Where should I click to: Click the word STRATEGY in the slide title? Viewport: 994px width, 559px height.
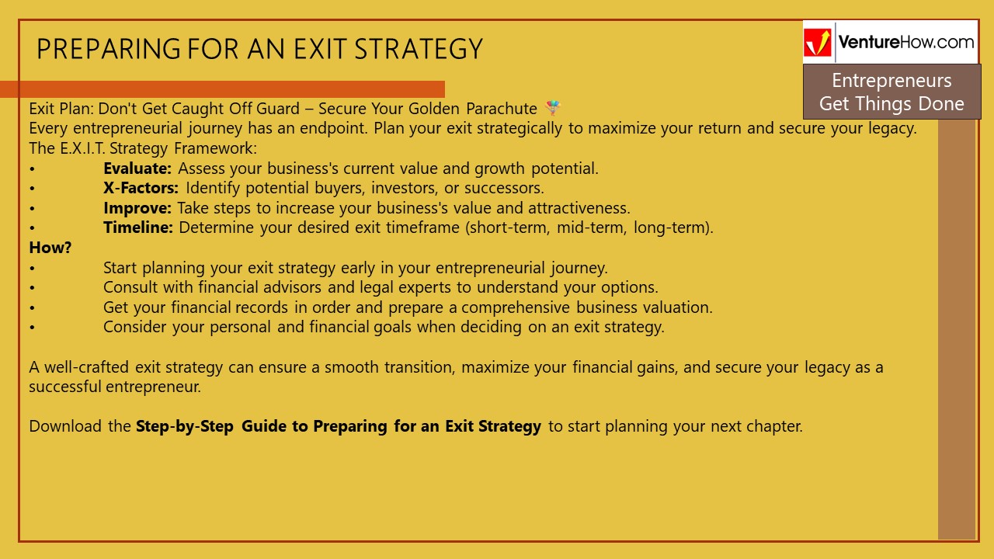click(x=419, y=50)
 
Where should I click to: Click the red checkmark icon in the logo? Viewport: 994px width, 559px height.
click(x=817, y=43)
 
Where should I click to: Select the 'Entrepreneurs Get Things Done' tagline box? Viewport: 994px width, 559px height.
click(x=891, y=92)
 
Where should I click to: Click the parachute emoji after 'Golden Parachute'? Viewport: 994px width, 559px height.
click(x=552, y=108)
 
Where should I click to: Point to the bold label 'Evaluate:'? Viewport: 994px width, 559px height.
click(x=137, y=168)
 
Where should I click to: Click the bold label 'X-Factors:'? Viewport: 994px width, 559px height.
click(x=141, y=188)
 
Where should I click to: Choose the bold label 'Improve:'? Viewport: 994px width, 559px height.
click(x=137, y=208)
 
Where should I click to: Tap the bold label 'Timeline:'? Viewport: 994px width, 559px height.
click(x=138, y=228)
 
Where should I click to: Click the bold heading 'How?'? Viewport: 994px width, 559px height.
click(x=50, y=248)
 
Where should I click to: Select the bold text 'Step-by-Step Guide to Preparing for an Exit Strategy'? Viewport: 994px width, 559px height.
click(x=338, y=426)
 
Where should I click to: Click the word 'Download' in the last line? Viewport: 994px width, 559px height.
click(x=65, y=426)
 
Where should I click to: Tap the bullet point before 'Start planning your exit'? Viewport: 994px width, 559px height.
click(x=33, y=269)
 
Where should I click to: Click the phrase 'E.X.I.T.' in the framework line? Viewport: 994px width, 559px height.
click(x=83, y=148)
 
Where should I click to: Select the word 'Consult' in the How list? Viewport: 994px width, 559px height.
click(x=130, y=287)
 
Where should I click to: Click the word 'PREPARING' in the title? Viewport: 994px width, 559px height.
click(x=108, y=50)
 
